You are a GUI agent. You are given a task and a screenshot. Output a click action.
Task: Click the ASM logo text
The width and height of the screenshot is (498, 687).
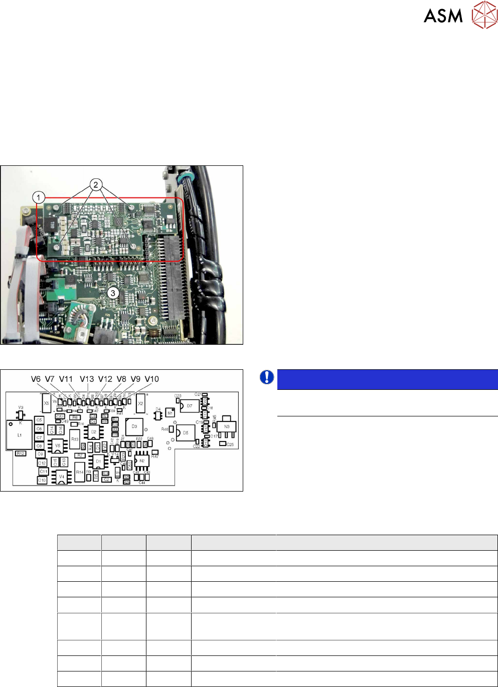point(443,16)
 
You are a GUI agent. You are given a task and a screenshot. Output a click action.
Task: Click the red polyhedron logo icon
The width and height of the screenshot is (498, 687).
point(484,15)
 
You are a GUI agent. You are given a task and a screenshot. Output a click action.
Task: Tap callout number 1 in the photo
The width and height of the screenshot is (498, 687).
point(39,197)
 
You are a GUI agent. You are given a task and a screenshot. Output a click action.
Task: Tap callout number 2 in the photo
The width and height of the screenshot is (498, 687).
point(96,184)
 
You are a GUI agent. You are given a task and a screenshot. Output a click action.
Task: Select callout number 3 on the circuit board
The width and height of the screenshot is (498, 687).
point(113,293)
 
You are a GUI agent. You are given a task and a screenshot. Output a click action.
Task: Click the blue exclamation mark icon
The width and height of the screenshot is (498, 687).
point(267,377)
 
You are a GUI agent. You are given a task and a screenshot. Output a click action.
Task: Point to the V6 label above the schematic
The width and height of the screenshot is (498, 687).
point(36,379)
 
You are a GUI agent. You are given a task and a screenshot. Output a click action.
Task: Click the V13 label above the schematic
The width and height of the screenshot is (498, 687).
point(87,379)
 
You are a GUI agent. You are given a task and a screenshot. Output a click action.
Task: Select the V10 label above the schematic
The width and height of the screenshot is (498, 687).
point(151,379)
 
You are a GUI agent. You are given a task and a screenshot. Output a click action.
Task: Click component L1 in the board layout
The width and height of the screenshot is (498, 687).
point(19,435)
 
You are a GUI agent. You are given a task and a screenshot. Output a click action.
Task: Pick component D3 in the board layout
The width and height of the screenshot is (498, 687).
point(134,426)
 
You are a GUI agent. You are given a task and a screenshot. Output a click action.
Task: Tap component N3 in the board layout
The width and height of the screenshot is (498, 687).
point(226,426)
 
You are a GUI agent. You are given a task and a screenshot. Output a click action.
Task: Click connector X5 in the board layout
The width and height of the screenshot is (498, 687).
point(46,403)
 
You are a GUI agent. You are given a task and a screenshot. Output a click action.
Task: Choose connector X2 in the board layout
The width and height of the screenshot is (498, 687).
point(140,403)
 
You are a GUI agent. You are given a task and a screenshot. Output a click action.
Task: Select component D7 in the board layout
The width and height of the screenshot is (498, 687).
point(190,406)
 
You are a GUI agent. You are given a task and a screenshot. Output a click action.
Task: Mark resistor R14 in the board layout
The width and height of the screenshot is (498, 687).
point(80,472)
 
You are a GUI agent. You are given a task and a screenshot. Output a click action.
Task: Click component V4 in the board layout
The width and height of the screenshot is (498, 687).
point(61,476)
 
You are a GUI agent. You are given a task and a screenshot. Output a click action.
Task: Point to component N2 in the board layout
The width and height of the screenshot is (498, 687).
point(142,461)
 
